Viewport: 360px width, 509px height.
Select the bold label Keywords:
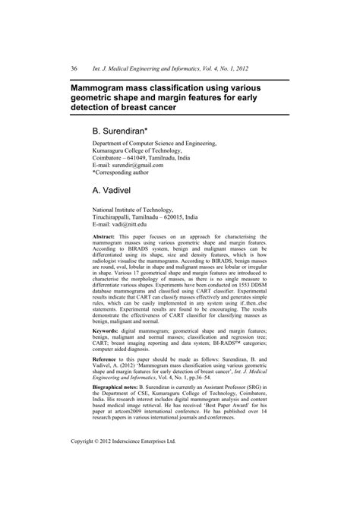pos(106,353)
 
